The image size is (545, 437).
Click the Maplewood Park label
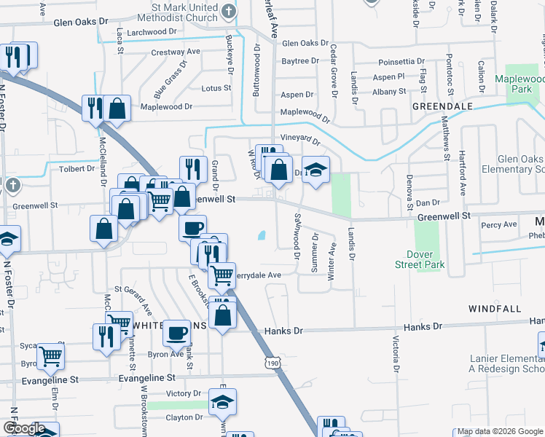point(519,84)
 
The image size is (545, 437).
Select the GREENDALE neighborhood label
point(443,106)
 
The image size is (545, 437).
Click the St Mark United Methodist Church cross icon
point(229,11)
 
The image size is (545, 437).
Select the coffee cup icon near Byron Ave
point(177,334)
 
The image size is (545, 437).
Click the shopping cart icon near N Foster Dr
point(50,356)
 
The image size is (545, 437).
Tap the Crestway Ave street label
point(176,52)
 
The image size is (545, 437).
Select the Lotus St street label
point(216,88)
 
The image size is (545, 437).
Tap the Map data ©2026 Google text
point(498,432)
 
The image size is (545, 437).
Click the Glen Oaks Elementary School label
point(510,164)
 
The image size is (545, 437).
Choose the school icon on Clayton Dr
point(222,401)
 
